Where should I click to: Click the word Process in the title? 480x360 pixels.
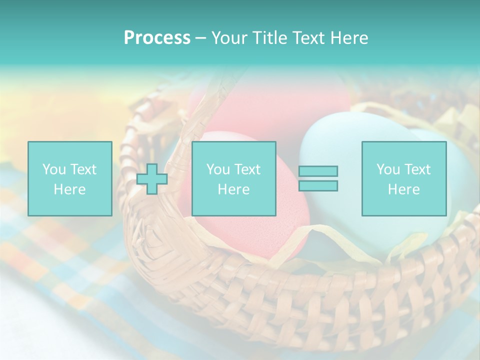[157, 38]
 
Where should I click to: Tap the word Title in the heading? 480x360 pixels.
[270, 38]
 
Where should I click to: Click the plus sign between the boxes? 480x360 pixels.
[152, 179]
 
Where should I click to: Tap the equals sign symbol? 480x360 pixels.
[318, 178]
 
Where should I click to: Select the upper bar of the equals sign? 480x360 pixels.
[318, 171]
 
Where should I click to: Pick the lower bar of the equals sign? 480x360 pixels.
[318, 186]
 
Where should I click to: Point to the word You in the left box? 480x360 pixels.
[53, 169]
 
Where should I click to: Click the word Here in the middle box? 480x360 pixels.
[233, 189]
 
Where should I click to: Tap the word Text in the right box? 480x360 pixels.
[417, 169]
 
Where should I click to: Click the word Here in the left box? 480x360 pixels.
[69, 189]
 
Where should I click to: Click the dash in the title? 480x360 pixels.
[200, 38]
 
